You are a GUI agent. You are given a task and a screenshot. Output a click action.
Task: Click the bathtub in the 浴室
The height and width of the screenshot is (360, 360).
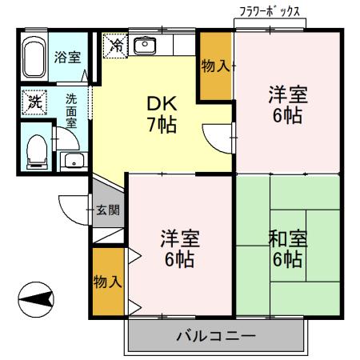pyautogui.click(x=33, y=57)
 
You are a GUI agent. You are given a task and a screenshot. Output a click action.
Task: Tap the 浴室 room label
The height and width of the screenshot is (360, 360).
pyautogui.click(x=67, y=57)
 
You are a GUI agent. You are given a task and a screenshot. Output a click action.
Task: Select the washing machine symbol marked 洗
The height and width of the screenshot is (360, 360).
pyautogui.click(x=34, y=102)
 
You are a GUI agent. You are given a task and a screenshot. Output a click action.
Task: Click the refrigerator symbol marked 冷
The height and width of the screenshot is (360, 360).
pyautogui.click(x=115, y=46)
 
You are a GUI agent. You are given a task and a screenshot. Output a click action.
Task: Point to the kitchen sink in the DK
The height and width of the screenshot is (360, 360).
pyautogui.click(x=145, y=45)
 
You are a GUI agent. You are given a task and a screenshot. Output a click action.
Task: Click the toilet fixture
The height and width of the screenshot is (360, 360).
pyautogui.click(x=37, y=152)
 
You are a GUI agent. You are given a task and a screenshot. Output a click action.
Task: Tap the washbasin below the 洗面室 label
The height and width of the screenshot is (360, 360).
pyautogui.click(x=74, y=161)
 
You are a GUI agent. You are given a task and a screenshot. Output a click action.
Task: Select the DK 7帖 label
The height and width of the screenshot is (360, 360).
pyautogui.click(x=162, y=114)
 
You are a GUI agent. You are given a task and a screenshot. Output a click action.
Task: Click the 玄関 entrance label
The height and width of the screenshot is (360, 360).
pyautogui.click(x=107, y=210)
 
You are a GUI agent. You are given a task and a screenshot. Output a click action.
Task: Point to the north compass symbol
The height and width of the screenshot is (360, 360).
pyautogui.click(x=36, y=299)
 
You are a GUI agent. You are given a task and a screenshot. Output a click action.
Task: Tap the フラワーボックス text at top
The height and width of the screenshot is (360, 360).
pyautogui.click(x=270, y=12)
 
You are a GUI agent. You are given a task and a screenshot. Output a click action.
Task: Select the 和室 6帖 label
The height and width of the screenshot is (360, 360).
pyautogui.click(x=287, y=249)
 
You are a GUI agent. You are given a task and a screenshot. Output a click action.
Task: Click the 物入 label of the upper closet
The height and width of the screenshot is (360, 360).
pyautogui.click(x=215, y=66)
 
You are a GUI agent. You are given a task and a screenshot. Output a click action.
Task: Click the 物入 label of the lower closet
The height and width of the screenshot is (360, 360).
pyautogui.click(x=107, y=282)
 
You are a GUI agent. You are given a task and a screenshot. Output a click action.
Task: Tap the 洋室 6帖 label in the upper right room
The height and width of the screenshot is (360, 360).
pyautogui.click(x=288, y=105)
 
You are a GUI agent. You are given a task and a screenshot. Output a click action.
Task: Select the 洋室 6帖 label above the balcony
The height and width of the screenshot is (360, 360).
pyautogui.click(x=179, y=249)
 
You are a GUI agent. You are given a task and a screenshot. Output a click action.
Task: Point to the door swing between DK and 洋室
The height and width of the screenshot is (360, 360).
pyautogui.click(x=210, y=144)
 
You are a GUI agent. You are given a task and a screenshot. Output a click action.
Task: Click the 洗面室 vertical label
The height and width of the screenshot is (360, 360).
pyautogui.click(x=71, y=111)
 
